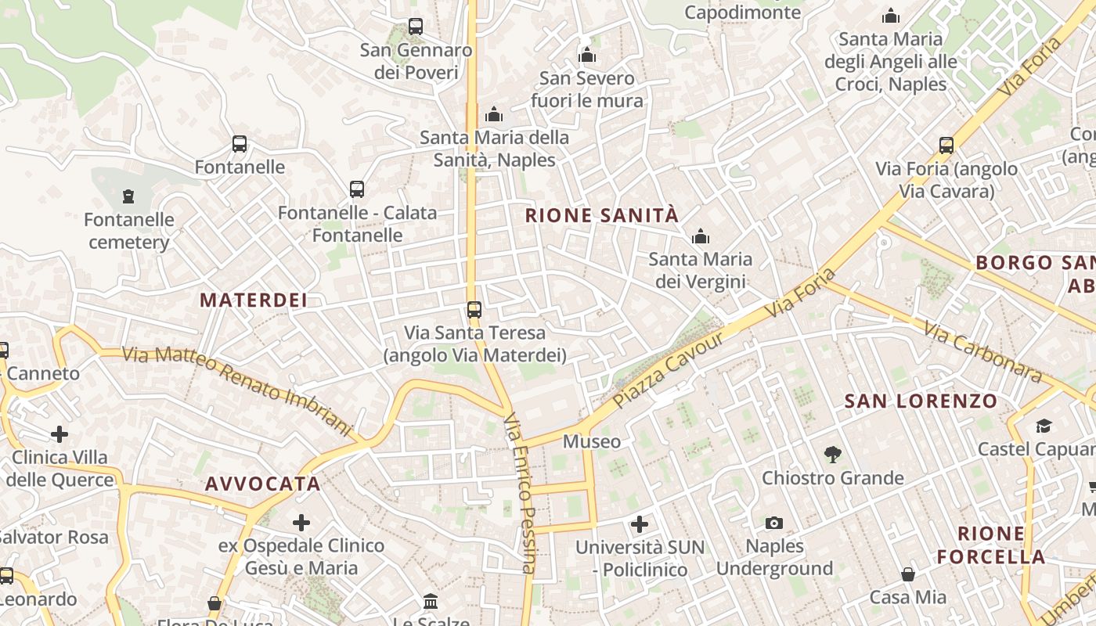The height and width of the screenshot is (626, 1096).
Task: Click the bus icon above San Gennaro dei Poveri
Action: click(416, 27)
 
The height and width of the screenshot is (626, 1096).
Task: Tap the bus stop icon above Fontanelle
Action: click(240, 144)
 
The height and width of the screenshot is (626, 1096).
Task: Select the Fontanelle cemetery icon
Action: click(128, 196)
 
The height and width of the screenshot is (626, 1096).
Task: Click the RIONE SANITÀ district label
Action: click(601, 216)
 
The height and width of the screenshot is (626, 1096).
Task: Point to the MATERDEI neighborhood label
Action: click(254, 300)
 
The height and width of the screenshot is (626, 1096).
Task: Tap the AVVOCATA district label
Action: click(263, 484)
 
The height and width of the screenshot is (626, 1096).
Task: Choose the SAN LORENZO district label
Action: click(921, 402)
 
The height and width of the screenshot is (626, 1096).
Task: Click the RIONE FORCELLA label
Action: click(991, 545)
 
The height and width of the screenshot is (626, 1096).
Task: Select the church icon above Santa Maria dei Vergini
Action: click(701, 236)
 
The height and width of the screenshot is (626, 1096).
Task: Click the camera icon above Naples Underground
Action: click(774, 523)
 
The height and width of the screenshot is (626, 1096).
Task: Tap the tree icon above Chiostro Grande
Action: click(832, 455)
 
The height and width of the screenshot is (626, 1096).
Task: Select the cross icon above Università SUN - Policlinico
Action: click(640, 523)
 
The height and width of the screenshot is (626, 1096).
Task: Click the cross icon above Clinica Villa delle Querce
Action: click(59, 434)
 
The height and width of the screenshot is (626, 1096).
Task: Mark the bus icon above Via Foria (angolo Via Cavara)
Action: click(946, 145)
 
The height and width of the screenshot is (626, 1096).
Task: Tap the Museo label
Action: click(592, 442)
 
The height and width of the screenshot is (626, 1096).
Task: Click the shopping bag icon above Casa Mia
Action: click(908, 575)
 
